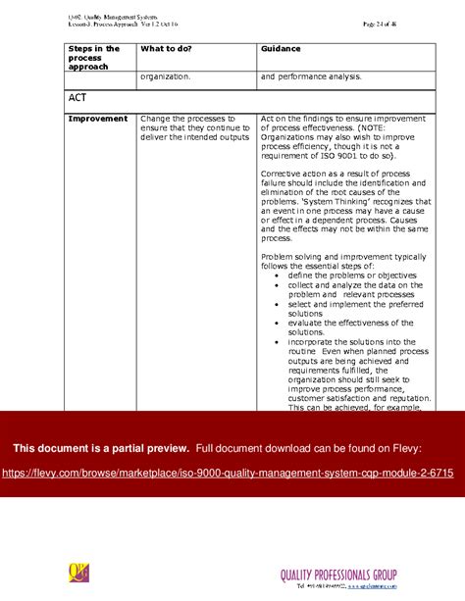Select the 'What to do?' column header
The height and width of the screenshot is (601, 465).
(166, 48)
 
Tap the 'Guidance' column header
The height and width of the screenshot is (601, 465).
(281, 48)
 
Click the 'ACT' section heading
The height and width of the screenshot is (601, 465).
(78, 98)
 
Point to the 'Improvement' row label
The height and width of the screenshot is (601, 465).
(97, 119)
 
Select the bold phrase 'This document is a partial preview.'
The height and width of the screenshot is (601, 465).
(100, 448)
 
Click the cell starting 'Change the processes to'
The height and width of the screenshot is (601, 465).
(195, 127)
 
